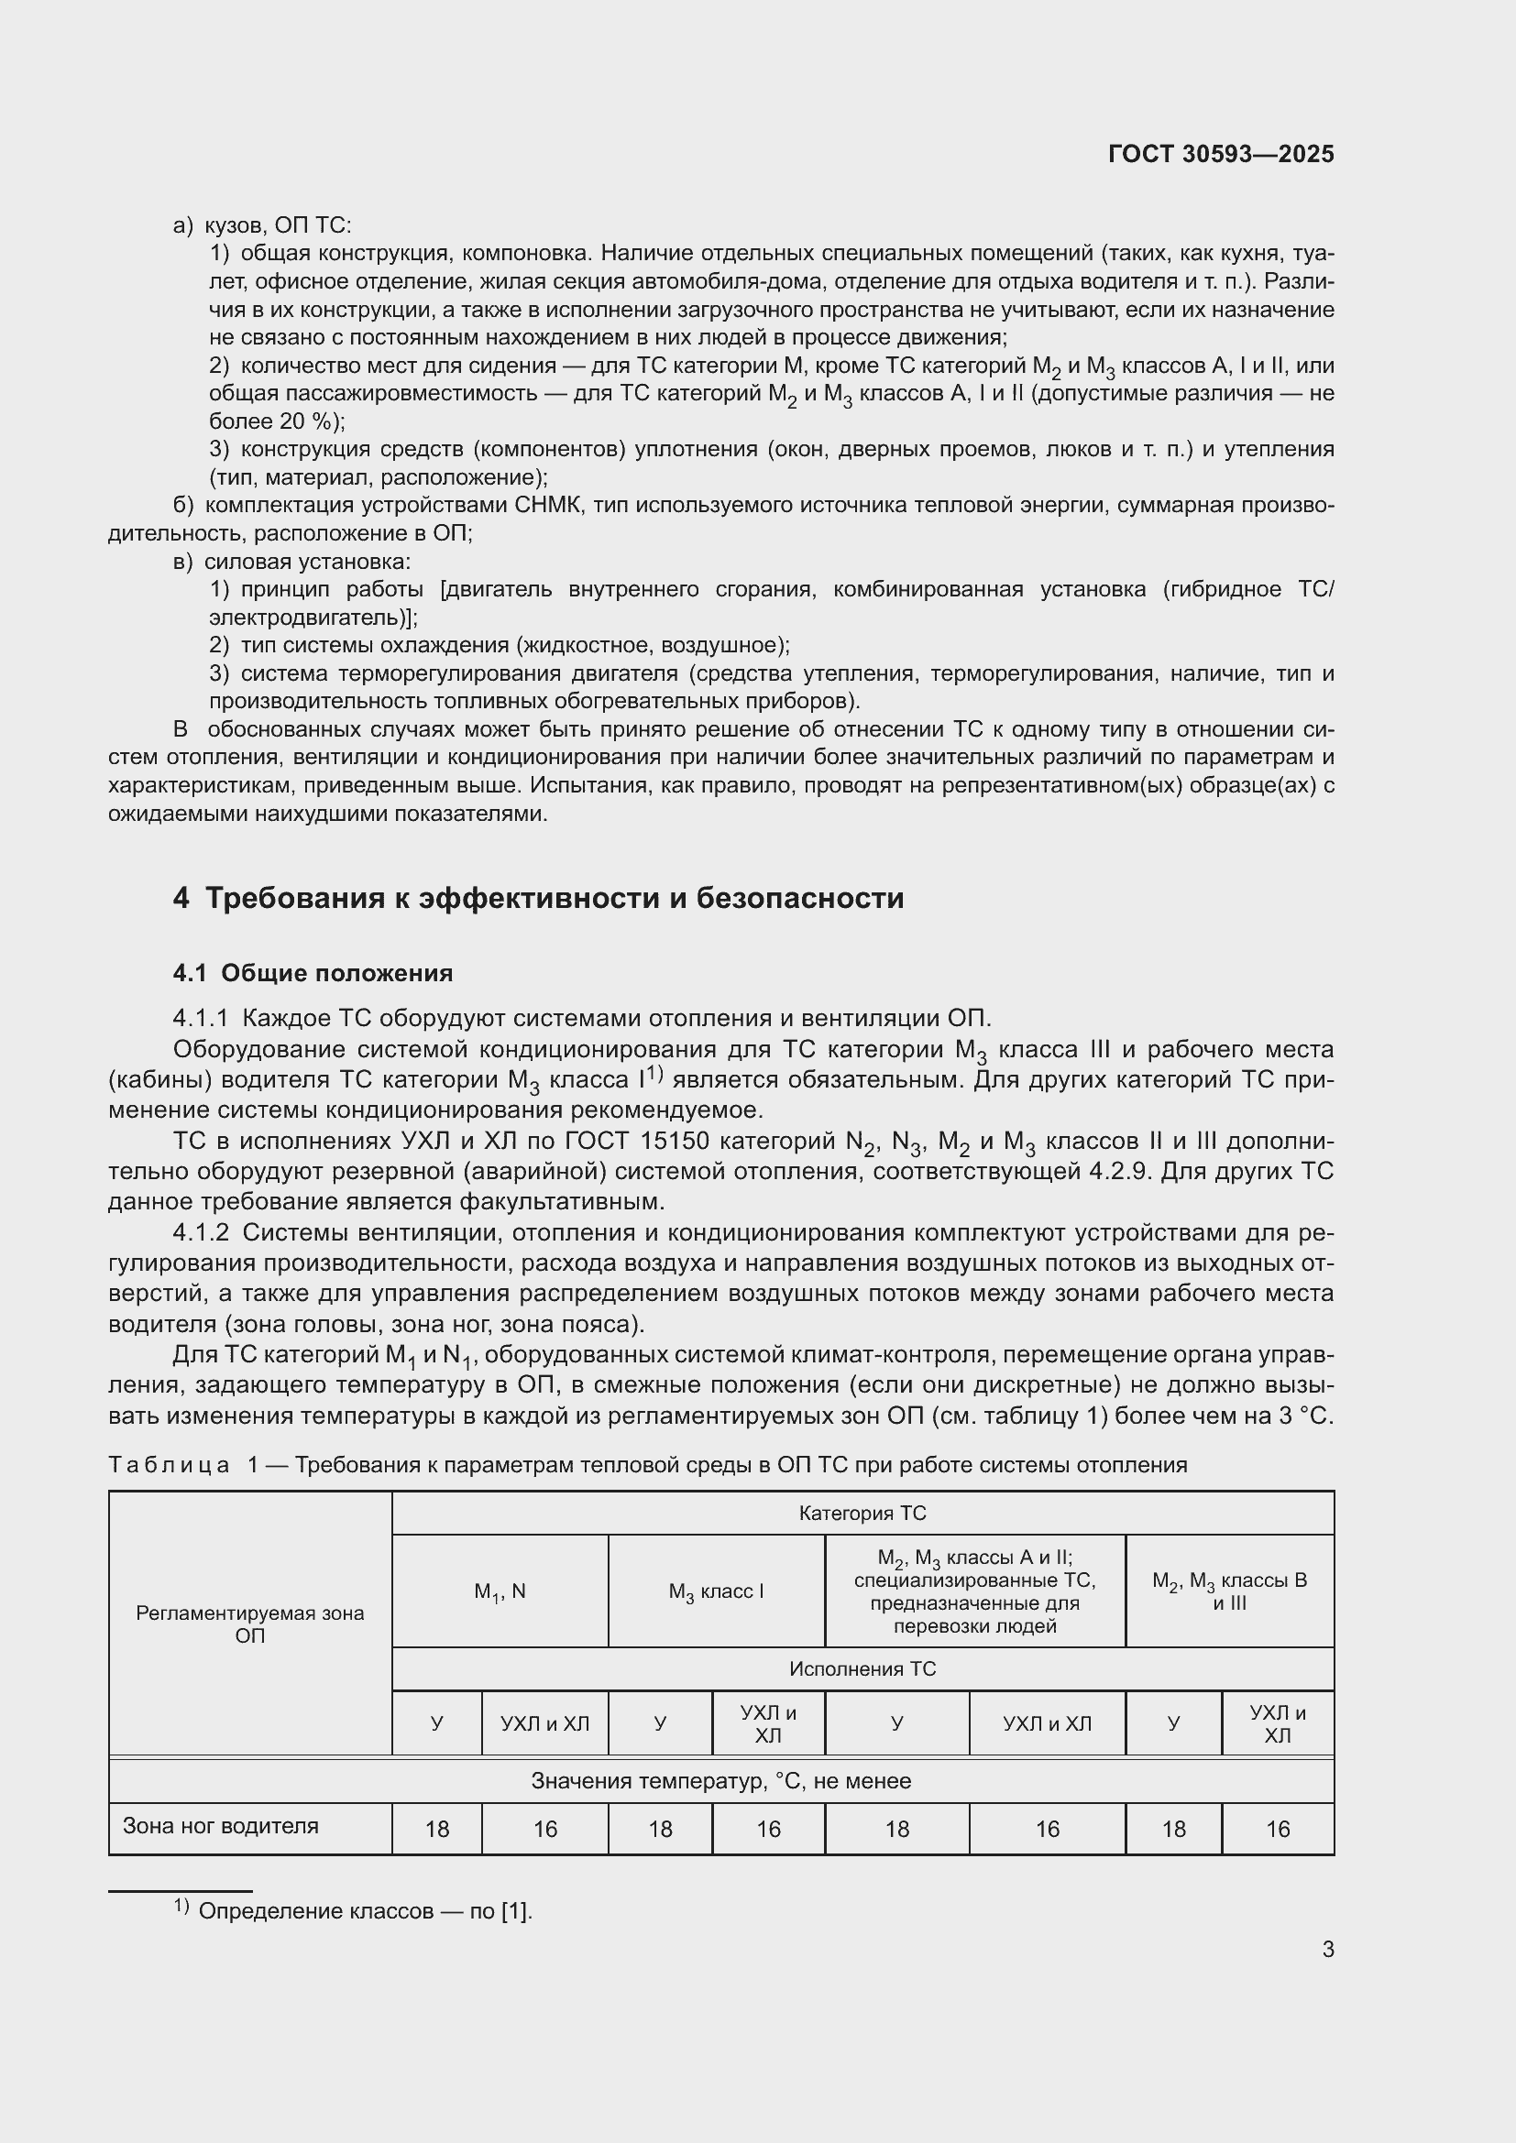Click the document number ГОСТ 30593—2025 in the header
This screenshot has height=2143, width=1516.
coord(1220,154)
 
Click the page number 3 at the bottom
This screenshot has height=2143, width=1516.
coord(1327,1949)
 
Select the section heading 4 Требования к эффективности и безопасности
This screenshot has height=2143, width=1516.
coord(538,898)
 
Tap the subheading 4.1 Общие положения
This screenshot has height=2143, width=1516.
coord(313,973)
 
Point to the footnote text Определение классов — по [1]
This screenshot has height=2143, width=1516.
coord(365,1910)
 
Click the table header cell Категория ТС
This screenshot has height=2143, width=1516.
coord(862,1513)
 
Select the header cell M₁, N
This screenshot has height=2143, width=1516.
coord(500,1591)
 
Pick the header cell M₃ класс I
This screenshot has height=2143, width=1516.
coord(716,1591)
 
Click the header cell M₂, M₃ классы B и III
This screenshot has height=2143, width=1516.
coord(1228,1591)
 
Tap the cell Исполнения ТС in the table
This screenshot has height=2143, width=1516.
coord(862,1668)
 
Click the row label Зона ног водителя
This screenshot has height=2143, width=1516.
coord(220,1826)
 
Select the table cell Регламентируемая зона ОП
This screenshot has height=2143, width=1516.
coord(249,1624)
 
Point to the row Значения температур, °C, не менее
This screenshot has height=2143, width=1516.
coord(720,1781)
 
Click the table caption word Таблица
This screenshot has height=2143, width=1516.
coord(169,1464)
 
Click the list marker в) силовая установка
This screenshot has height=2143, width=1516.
coord(183,562)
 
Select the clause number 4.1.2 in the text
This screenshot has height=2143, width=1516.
coord(201,1232)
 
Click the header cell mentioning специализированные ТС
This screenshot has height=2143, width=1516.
coord(974,1591)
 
